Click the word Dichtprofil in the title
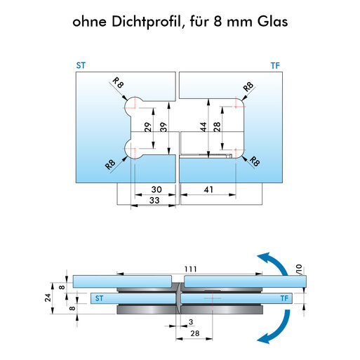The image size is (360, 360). point(146,22)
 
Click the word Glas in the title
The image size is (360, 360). point(272,22)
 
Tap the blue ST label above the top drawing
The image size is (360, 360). point(81,65)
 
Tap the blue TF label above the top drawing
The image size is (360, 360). point(275,66)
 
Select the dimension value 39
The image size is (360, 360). point(164,127)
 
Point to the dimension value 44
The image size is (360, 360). point(204,127)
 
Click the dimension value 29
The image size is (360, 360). point(148,127)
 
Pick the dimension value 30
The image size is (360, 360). point(156,189)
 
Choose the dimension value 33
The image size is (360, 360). point(154,200)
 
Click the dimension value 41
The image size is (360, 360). point(208,189)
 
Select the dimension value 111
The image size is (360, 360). point(191,269)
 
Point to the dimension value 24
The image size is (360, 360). point(48,298)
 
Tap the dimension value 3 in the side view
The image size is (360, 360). point(191,322)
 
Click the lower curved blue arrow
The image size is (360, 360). point(275,328)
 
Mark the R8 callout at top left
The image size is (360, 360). point(118,83)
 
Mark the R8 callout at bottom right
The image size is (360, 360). point(255,161)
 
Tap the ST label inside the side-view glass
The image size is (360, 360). point(99,298)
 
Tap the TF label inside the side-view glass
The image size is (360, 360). point(284,298)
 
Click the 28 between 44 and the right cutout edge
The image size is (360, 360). point(217,127)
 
